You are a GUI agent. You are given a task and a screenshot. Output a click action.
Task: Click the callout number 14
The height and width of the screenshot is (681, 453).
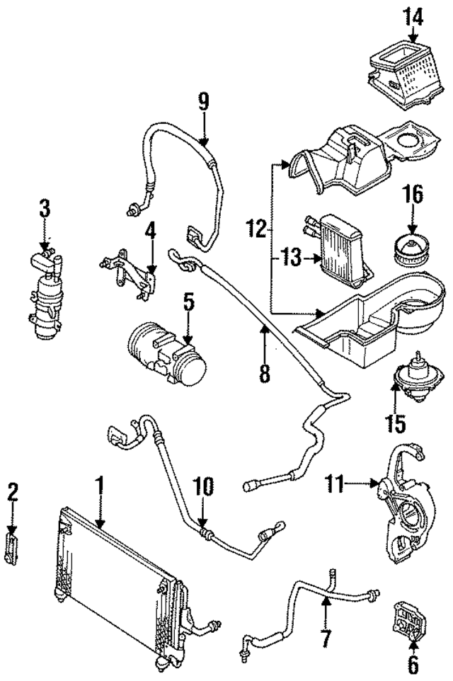414,15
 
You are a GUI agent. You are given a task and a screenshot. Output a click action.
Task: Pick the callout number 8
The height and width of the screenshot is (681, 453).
264,372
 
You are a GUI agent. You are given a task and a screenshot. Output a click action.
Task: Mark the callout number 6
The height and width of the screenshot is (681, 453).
413,663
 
